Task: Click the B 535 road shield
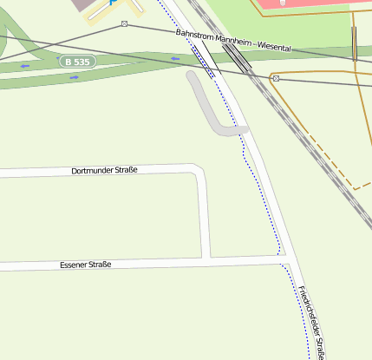pyautogui.click(x=76, y=62)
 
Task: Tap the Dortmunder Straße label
pyautogui.click(x=104, y=171)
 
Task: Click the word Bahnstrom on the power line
pyautogui.click(x=193, y=36)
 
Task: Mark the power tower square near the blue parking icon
pyautogui.click(x=124, y=23)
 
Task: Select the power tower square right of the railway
pyautogui.click(x=276, y=79)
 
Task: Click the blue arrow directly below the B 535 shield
pyautogui.click(x=74, y=77)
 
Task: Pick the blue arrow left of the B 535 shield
pyautogui.click(x=25, y=66)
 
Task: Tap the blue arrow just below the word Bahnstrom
pyautogui.click(x=176, y=59)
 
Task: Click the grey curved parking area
pyautogui.click(x=208, y=108)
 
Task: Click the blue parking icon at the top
pyautogui.click(x=112, y=3)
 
